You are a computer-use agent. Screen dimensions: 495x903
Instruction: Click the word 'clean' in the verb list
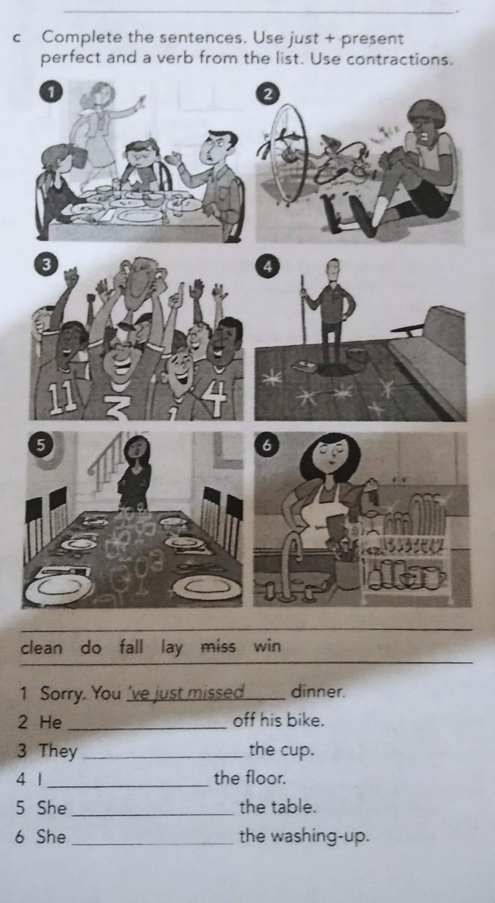pyautogui.click(x=42, y=649)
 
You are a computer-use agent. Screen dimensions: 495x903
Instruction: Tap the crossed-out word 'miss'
pyautogui.click(x=218, y=646)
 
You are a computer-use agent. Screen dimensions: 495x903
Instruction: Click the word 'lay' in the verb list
pyautogui.click(x=172, y=648)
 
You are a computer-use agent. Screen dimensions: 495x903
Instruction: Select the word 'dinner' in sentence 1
pyautogui.click(x=318, y=692)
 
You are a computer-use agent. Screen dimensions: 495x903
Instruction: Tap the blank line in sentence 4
pyautogui.click(x=128, y=785)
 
